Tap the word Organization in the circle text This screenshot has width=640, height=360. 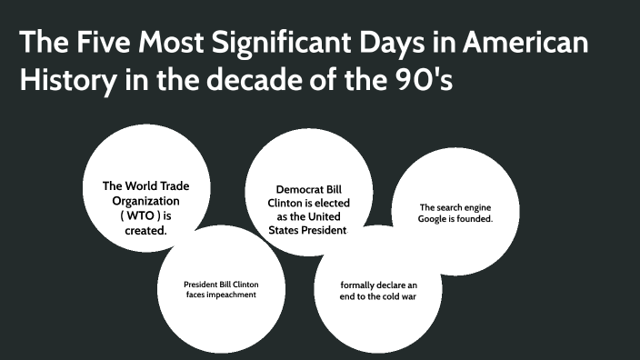145,201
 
